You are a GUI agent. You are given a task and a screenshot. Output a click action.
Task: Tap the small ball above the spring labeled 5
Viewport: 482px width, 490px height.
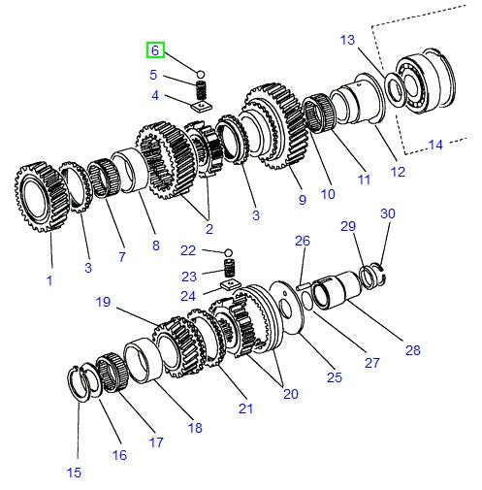[201, 73]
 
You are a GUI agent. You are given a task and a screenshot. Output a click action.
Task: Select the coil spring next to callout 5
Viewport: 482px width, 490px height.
[202, 88]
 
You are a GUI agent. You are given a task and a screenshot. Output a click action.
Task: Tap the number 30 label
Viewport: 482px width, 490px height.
[387, 213]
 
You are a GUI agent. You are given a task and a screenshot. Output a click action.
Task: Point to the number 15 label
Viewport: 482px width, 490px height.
[74, 473]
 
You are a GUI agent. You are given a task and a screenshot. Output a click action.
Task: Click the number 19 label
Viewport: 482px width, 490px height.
[105, 302]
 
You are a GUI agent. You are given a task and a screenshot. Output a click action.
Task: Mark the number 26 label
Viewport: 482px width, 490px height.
[302, 241]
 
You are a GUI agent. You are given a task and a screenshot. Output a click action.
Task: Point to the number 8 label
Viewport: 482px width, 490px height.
[154, 245]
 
